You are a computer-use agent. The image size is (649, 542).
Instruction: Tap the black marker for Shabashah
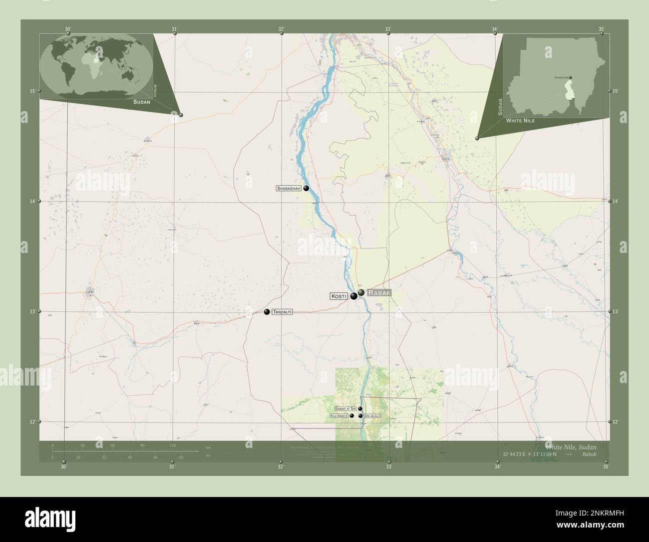point(306,188)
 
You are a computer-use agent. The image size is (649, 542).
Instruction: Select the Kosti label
point(338,296)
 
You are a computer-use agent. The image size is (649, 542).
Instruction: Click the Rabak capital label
point(379,293)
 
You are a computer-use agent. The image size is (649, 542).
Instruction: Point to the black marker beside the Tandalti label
point(267,312)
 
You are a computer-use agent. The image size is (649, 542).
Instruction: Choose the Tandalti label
point(282,312)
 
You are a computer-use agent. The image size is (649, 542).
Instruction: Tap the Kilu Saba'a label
point(338,416)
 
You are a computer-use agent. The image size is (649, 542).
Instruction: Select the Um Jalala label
point(372,416)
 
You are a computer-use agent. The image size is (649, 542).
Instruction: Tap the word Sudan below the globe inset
point(142,101)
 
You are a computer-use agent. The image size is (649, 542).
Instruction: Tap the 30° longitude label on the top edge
point(68,28)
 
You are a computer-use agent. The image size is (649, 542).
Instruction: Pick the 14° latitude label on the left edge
point(32,201)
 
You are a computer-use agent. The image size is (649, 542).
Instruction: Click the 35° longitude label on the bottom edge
point(606,467)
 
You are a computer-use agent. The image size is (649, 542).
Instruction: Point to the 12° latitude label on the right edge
point(615,422)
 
